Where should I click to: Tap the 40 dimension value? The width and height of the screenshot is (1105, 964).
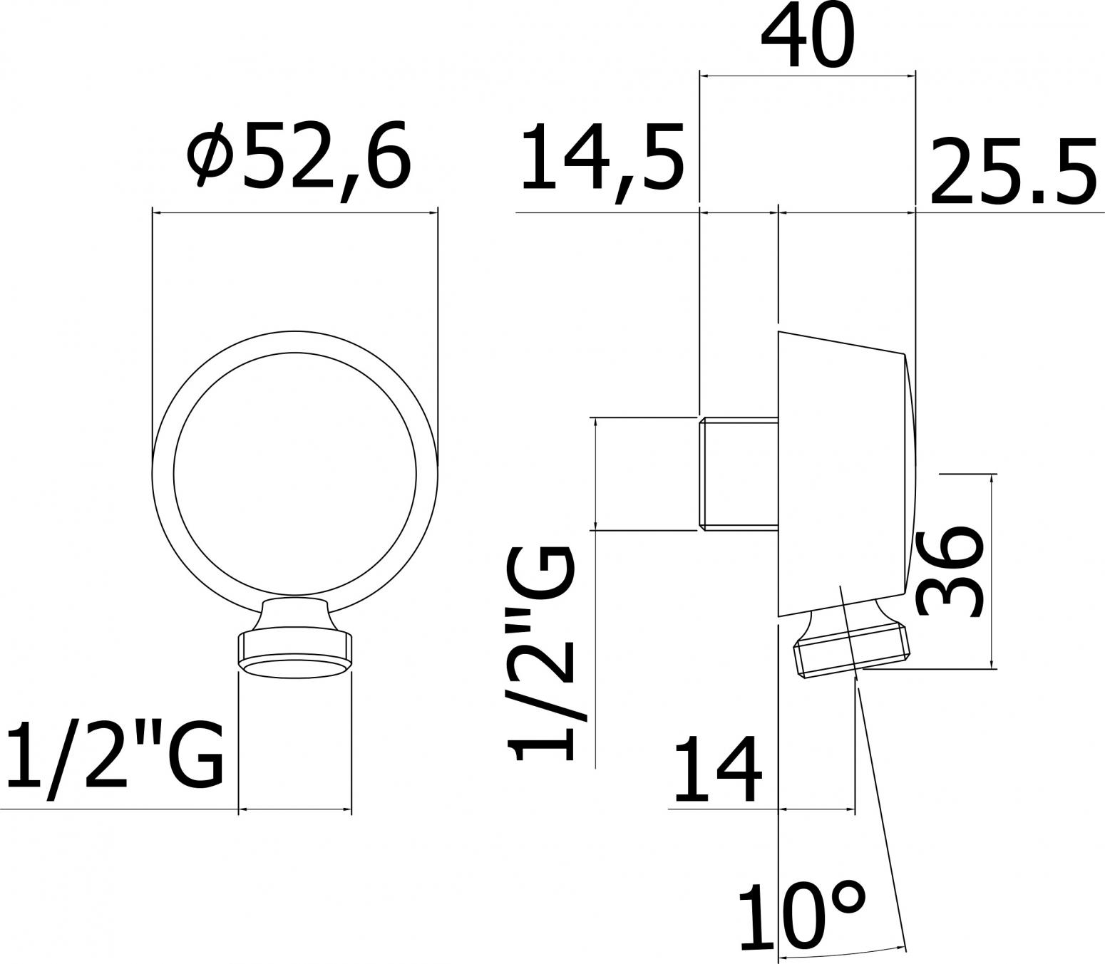[808, 36]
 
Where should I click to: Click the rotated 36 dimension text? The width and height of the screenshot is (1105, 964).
[948, 573]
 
